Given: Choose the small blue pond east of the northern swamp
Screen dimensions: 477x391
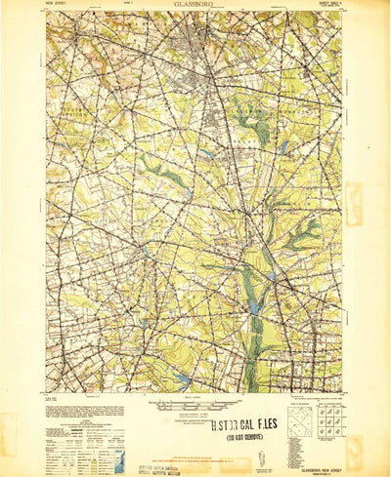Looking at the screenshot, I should click(282, 146).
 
